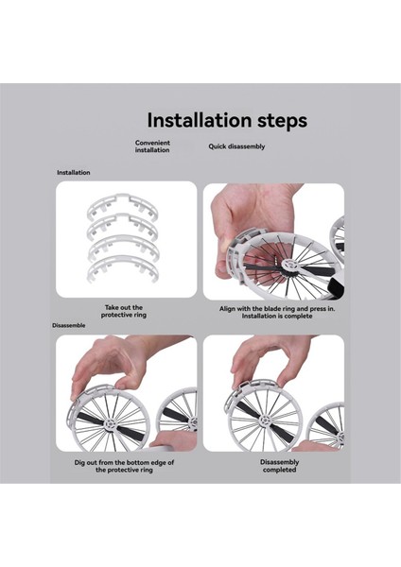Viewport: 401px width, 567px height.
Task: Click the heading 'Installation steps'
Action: click(227, 120)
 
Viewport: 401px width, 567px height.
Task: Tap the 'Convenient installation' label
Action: click(152, 146)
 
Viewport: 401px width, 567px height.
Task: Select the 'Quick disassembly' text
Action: click(236, 146)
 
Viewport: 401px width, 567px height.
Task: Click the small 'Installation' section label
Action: click(74, 173)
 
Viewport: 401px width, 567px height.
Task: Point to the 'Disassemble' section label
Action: click(69, 325)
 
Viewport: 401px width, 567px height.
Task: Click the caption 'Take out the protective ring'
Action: click(124, 311)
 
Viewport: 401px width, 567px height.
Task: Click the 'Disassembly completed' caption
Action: click(279, 466)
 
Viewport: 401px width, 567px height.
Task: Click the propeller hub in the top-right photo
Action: click(291, 265)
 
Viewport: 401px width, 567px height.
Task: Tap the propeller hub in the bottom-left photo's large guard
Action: click(110, 423)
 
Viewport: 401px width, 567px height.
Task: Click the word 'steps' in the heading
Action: click(282, 121)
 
